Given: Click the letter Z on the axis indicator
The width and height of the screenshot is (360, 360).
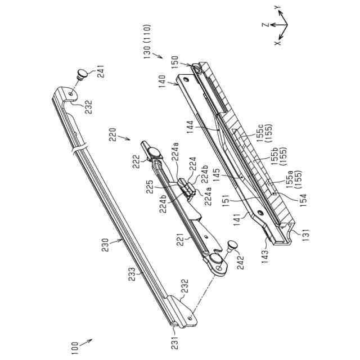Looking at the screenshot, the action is [x=262, y=25].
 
